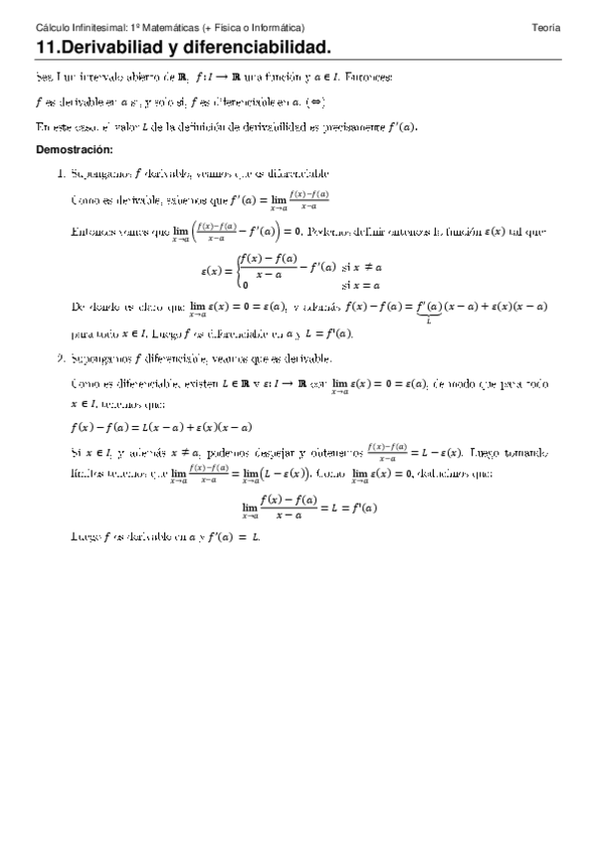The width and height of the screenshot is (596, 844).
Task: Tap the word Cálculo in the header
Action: tap(52, 28)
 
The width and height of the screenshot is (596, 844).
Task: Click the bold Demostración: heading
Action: tap(75, 148)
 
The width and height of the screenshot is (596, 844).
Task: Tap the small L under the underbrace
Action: tap(426, 319)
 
